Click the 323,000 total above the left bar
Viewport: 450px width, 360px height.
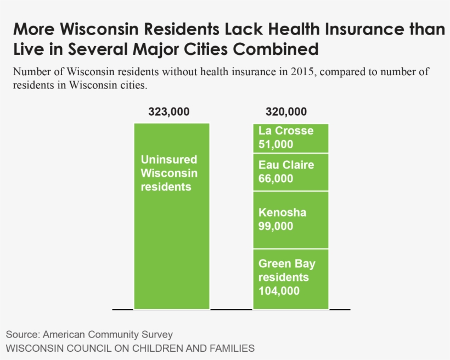click(168, 112)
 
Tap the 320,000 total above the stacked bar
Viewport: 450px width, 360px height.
click(286, 112)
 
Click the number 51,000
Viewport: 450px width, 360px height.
click(275, 145)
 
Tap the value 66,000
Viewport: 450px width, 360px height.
click(275, 179)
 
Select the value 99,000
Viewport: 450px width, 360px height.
click(275, 227)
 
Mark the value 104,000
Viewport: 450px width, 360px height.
click(279, 291)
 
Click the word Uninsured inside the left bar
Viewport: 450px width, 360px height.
click(168, 160)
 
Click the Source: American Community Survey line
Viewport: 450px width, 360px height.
click(89, 334)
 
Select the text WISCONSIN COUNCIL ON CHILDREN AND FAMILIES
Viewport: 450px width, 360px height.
click(130, 348)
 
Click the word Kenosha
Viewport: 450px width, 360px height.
click(282, 213)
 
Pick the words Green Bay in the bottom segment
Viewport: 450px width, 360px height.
click(286, 264)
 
